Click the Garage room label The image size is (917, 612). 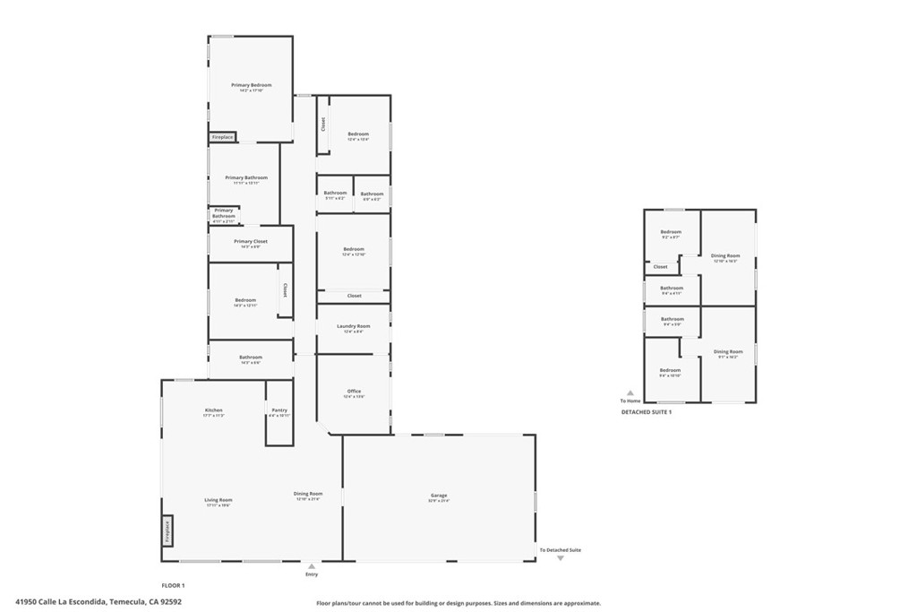pos(439,496)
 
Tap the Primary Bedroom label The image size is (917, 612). pos(251,85)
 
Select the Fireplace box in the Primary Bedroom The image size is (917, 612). pos(222,137)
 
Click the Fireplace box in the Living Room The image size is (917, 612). pos(167,530)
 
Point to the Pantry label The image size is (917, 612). pos(279,409)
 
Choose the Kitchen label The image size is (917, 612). pos(213,410)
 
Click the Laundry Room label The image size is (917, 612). pos(353,326)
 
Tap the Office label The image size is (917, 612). pos(354,392)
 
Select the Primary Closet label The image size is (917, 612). pos(251,241)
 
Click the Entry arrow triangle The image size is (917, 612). pos(312,566)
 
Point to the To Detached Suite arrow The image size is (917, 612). pos(561,557)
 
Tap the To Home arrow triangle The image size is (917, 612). pos(630,392)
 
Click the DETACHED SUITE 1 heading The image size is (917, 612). pos(646,411)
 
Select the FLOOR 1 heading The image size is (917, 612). pos(173,584)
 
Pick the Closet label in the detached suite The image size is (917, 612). pos(660,266)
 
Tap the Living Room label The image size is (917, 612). pos(218,500)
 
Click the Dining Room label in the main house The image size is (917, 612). pos(308,493)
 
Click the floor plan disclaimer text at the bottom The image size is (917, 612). pos(458,603)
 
